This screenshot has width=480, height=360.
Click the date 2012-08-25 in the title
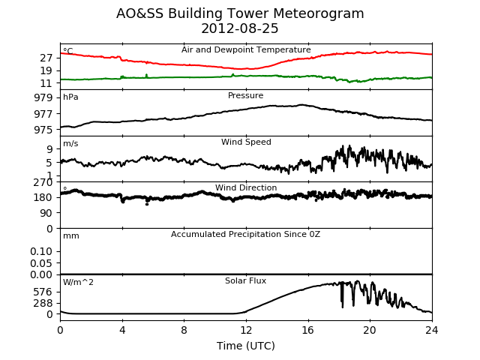[240, 28]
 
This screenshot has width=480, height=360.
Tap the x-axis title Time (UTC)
[246, 346]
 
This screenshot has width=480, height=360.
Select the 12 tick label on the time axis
[246, 330]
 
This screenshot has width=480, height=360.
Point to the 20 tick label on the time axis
[370, 330]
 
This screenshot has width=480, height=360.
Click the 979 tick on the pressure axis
[43, 98]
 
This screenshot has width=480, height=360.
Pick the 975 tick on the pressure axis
[43, 130]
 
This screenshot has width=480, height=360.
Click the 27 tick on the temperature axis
[46, 58]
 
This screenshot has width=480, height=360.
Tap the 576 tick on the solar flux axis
[43, 292]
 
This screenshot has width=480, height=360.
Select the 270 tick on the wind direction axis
[43, 182]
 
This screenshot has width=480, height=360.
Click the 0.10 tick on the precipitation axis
[41, 251]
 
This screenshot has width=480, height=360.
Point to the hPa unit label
[70, 97]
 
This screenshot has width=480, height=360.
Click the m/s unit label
[70, 143]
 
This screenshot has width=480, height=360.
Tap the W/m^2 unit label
[78, 282]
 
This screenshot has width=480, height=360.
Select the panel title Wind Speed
[246, 142]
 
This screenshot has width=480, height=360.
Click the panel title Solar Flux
[245, 280]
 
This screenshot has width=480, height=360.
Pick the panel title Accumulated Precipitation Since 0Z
[245, 234]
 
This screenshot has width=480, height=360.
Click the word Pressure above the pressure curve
[245, 95]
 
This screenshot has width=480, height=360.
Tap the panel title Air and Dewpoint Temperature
[246, 50]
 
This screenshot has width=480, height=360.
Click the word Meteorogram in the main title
[318, 13]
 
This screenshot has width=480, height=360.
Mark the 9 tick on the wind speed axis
[49, 149]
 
